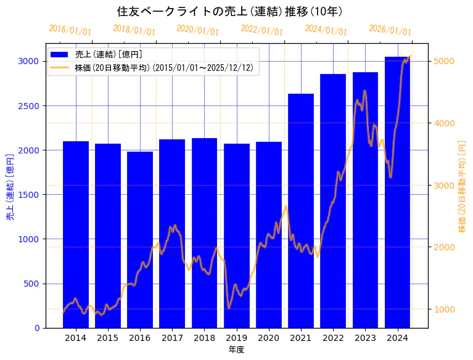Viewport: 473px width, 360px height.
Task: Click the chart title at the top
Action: pyautogui.click(x=229, y=11)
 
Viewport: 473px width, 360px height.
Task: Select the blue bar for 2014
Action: pyautogui.click(x=76, y=234)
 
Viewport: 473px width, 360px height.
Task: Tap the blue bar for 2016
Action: pyautogui.click(x=140, y=240)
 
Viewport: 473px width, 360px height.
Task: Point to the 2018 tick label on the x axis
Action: pyautogui.click(x=204, y=338)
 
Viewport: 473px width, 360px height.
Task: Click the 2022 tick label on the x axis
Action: pyautogui.click(x=333, y=338)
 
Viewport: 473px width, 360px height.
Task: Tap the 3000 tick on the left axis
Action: pyautogui.click(x=30, y=61)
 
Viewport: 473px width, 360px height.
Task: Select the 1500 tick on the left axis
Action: pyautogui.click(x=30, y=195)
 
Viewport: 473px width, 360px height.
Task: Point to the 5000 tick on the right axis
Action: pyautogui.click(x=445, y=61)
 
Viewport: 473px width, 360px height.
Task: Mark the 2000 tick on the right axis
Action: pyautogui.click(x=445, y=247)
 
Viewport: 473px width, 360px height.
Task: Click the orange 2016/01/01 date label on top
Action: pyautogui.click(x=70, y=30)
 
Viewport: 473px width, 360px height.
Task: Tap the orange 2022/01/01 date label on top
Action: pyautogui.click(x=261, y=30)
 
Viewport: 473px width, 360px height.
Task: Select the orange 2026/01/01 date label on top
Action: pyautogui.click(x=390, y=30)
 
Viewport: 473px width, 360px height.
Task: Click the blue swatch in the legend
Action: pyautogui.click(x=60, y=54)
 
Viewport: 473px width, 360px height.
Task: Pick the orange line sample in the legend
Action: pyautogui.click(x=60, y=67)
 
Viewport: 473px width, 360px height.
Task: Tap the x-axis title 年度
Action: pyautogui.click(x=236, y=350)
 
